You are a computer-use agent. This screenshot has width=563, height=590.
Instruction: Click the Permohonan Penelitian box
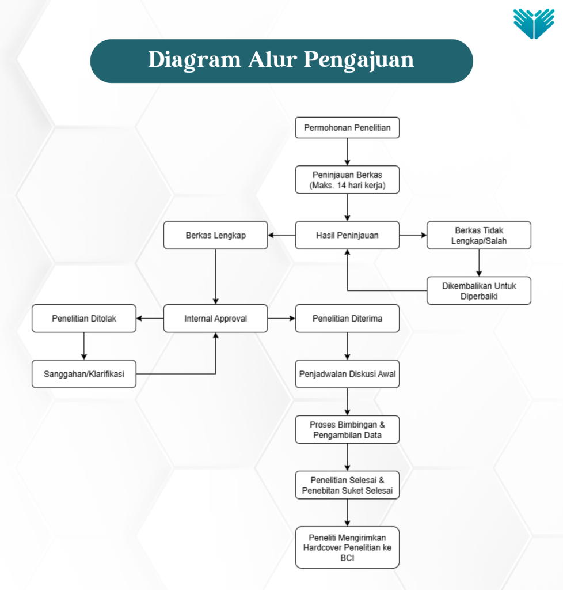point(347,127)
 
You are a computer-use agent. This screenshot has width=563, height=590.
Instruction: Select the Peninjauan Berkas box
point(347,180)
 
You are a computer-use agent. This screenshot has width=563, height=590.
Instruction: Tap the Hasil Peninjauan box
point(347,235)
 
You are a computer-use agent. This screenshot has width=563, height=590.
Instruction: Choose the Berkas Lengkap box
point(215,235)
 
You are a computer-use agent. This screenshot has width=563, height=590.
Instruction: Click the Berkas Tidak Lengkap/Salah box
point(479,235)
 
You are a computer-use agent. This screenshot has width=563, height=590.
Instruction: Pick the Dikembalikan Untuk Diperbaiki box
point(479,290)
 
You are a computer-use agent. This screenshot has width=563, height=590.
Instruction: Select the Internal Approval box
point(215,318)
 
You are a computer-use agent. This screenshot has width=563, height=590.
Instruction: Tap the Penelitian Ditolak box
point(84,318)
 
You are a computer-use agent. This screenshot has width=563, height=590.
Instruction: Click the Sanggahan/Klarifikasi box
point(84,374)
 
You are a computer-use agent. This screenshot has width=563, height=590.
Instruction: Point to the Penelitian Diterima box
point(347,318)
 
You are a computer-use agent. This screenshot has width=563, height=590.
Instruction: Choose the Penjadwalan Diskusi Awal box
point(347,374)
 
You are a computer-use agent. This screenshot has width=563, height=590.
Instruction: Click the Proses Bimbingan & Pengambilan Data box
point(347,429)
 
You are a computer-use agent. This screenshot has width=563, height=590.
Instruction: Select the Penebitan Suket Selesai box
point(347,485)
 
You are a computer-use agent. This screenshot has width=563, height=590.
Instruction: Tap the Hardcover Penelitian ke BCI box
point(347,547)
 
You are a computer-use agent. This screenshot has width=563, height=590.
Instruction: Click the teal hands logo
point(534,24)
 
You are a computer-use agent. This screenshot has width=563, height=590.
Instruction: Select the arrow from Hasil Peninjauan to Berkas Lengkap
point(281,235)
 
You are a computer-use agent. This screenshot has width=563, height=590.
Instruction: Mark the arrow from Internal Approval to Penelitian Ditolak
point(150,318)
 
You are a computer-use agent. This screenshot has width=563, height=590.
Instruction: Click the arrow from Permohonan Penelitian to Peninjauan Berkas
point(347,152)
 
